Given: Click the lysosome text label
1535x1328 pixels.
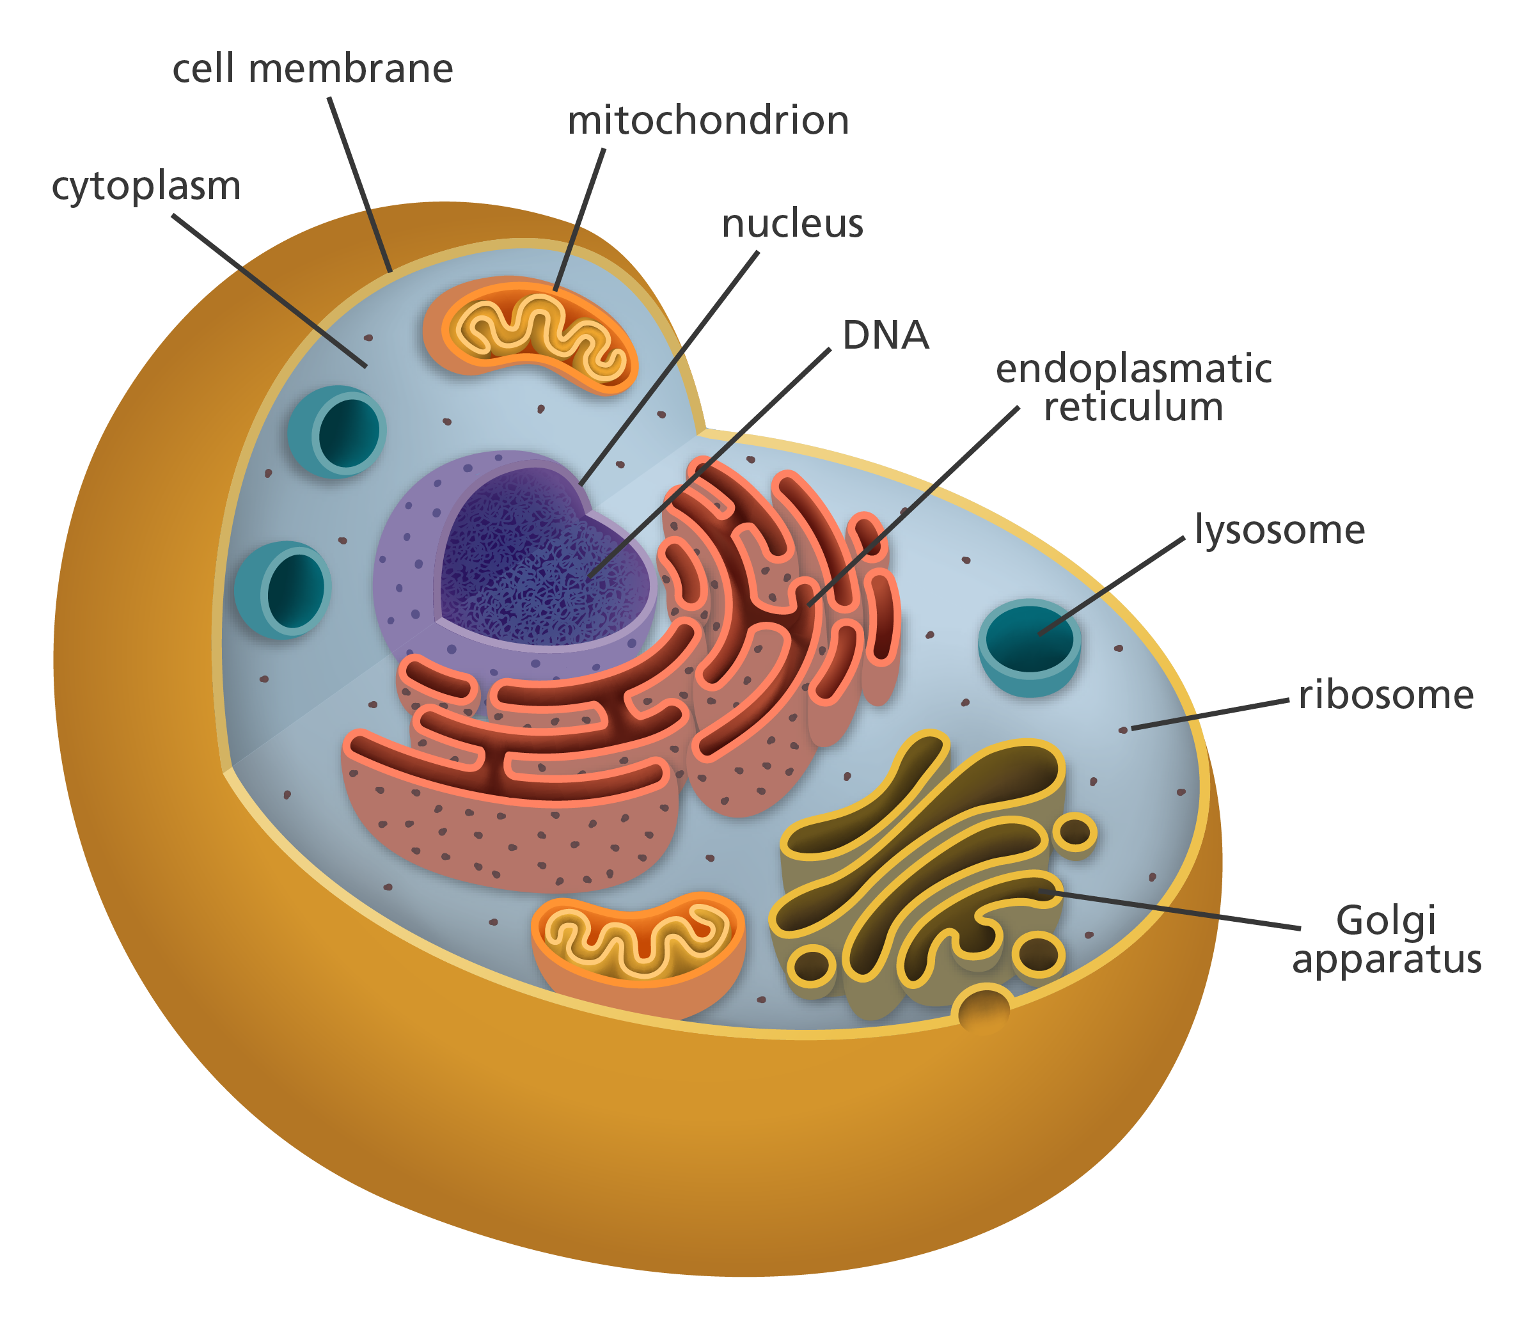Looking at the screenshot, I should pos(1282,535).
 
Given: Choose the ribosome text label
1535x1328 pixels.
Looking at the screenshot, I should pos(1363,700).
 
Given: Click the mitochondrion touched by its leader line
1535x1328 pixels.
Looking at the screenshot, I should pos(530,335).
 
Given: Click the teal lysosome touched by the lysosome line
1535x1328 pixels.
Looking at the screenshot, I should pos(1030,645).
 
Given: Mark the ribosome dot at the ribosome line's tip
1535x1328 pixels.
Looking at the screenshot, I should pos(1123,730).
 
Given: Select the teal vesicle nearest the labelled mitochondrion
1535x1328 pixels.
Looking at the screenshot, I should pos(338,431).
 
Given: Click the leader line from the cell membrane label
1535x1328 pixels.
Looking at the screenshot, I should pos(359,186).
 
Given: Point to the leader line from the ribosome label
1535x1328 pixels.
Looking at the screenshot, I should pos(1215,714).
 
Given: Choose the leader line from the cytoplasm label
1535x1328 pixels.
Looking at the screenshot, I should pos(296,312).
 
